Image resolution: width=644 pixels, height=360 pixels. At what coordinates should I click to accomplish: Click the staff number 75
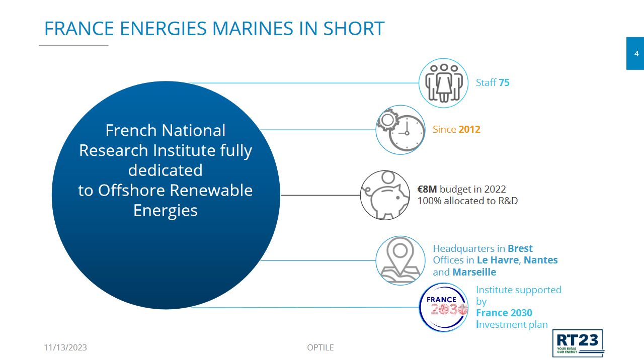click(x=504, y=83)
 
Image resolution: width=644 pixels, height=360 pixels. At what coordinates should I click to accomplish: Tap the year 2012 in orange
click(x=469, y=129)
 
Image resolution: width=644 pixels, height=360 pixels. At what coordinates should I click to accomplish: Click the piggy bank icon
click(x=385, y=196)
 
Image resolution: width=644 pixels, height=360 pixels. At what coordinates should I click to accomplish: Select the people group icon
click(x=443, y=83)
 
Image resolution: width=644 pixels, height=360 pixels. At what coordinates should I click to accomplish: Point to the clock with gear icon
click(x=400, y=130)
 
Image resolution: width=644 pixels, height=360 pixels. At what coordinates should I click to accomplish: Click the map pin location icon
click(x=400, y=260)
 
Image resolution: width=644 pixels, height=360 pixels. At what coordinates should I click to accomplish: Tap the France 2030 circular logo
click(x=443, y=307)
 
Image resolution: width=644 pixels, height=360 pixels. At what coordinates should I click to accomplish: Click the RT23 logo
click(x=578, y=343)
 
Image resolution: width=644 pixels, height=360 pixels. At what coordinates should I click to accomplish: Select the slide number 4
click(x=636, y=54)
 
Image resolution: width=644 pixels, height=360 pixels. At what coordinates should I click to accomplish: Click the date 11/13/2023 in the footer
click(x=65, y=347)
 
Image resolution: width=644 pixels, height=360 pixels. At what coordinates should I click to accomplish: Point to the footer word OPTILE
click(x=320, y=347)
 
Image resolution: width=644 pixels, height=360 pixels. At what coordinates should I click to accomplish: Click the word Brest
click(x=520, y=248)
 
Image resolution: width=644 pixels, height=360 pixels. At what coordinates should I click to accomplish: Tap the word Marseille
click(x=474, y=272)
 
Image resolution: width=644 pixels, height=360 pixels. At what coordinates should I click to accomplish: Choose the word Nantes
click(x=540, y=260)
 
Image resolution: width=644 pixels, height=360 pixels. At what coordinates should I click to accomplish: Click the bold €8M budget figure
click(x=427, y=189)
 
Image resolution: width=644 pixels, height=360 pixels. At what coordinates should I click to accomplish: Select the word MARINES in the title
click(x=253, y=29)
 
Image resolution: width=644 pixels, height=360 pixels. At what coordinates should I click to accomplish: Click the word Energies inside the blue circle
click(x=166, y=211)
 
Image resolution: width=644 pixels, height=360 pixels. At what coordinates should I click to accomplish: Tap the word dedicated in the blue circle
click(x=166, y=170)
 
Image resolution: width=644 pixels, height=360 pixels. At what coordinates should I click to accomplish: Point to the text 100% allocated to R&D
click(x=467, y=201)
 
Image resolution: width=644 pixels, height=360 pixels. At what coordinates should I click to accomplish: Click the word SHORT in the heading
click(x=354, y=29)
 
